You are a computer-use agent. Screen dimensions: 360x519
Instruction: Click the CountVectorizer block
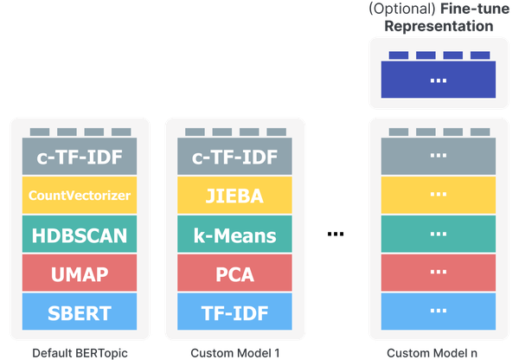tap(78, 196)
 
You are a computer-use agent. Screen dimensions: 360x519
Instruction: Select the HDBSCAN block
tap(78, 235)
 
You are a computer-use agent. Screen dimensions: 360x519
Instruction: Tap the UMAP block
tap(78, 274)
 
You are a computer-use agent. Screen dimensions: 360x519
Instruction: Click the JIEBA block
tap(234, 196)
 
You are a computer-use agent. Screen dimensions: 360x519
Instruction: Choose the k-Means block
tap(234, 235)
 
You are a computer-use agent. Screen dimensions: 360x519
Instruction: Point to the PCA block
tap(234, 274)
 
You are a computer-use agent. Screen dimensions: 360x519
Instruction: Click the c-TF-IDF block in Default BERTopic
tap(78, 157)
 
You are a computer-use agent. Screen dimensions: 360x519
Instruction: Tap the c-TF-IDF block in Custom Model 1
tap(234, 157)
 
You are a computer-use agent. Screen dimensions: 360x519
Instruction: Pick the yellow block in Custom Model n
tap(439, 196)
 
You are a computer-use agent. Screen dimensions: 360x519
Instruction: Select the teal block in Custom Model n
tap(439, 235)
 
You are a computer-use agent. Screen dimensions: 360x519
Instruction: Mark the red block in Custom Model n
tap(439, 274)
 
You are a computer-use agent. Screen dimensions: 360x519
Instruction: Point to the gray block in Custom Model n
tap(439, 157)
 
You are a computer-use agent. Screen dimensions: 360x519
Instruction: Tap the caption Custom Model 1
tap(234, 352)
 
